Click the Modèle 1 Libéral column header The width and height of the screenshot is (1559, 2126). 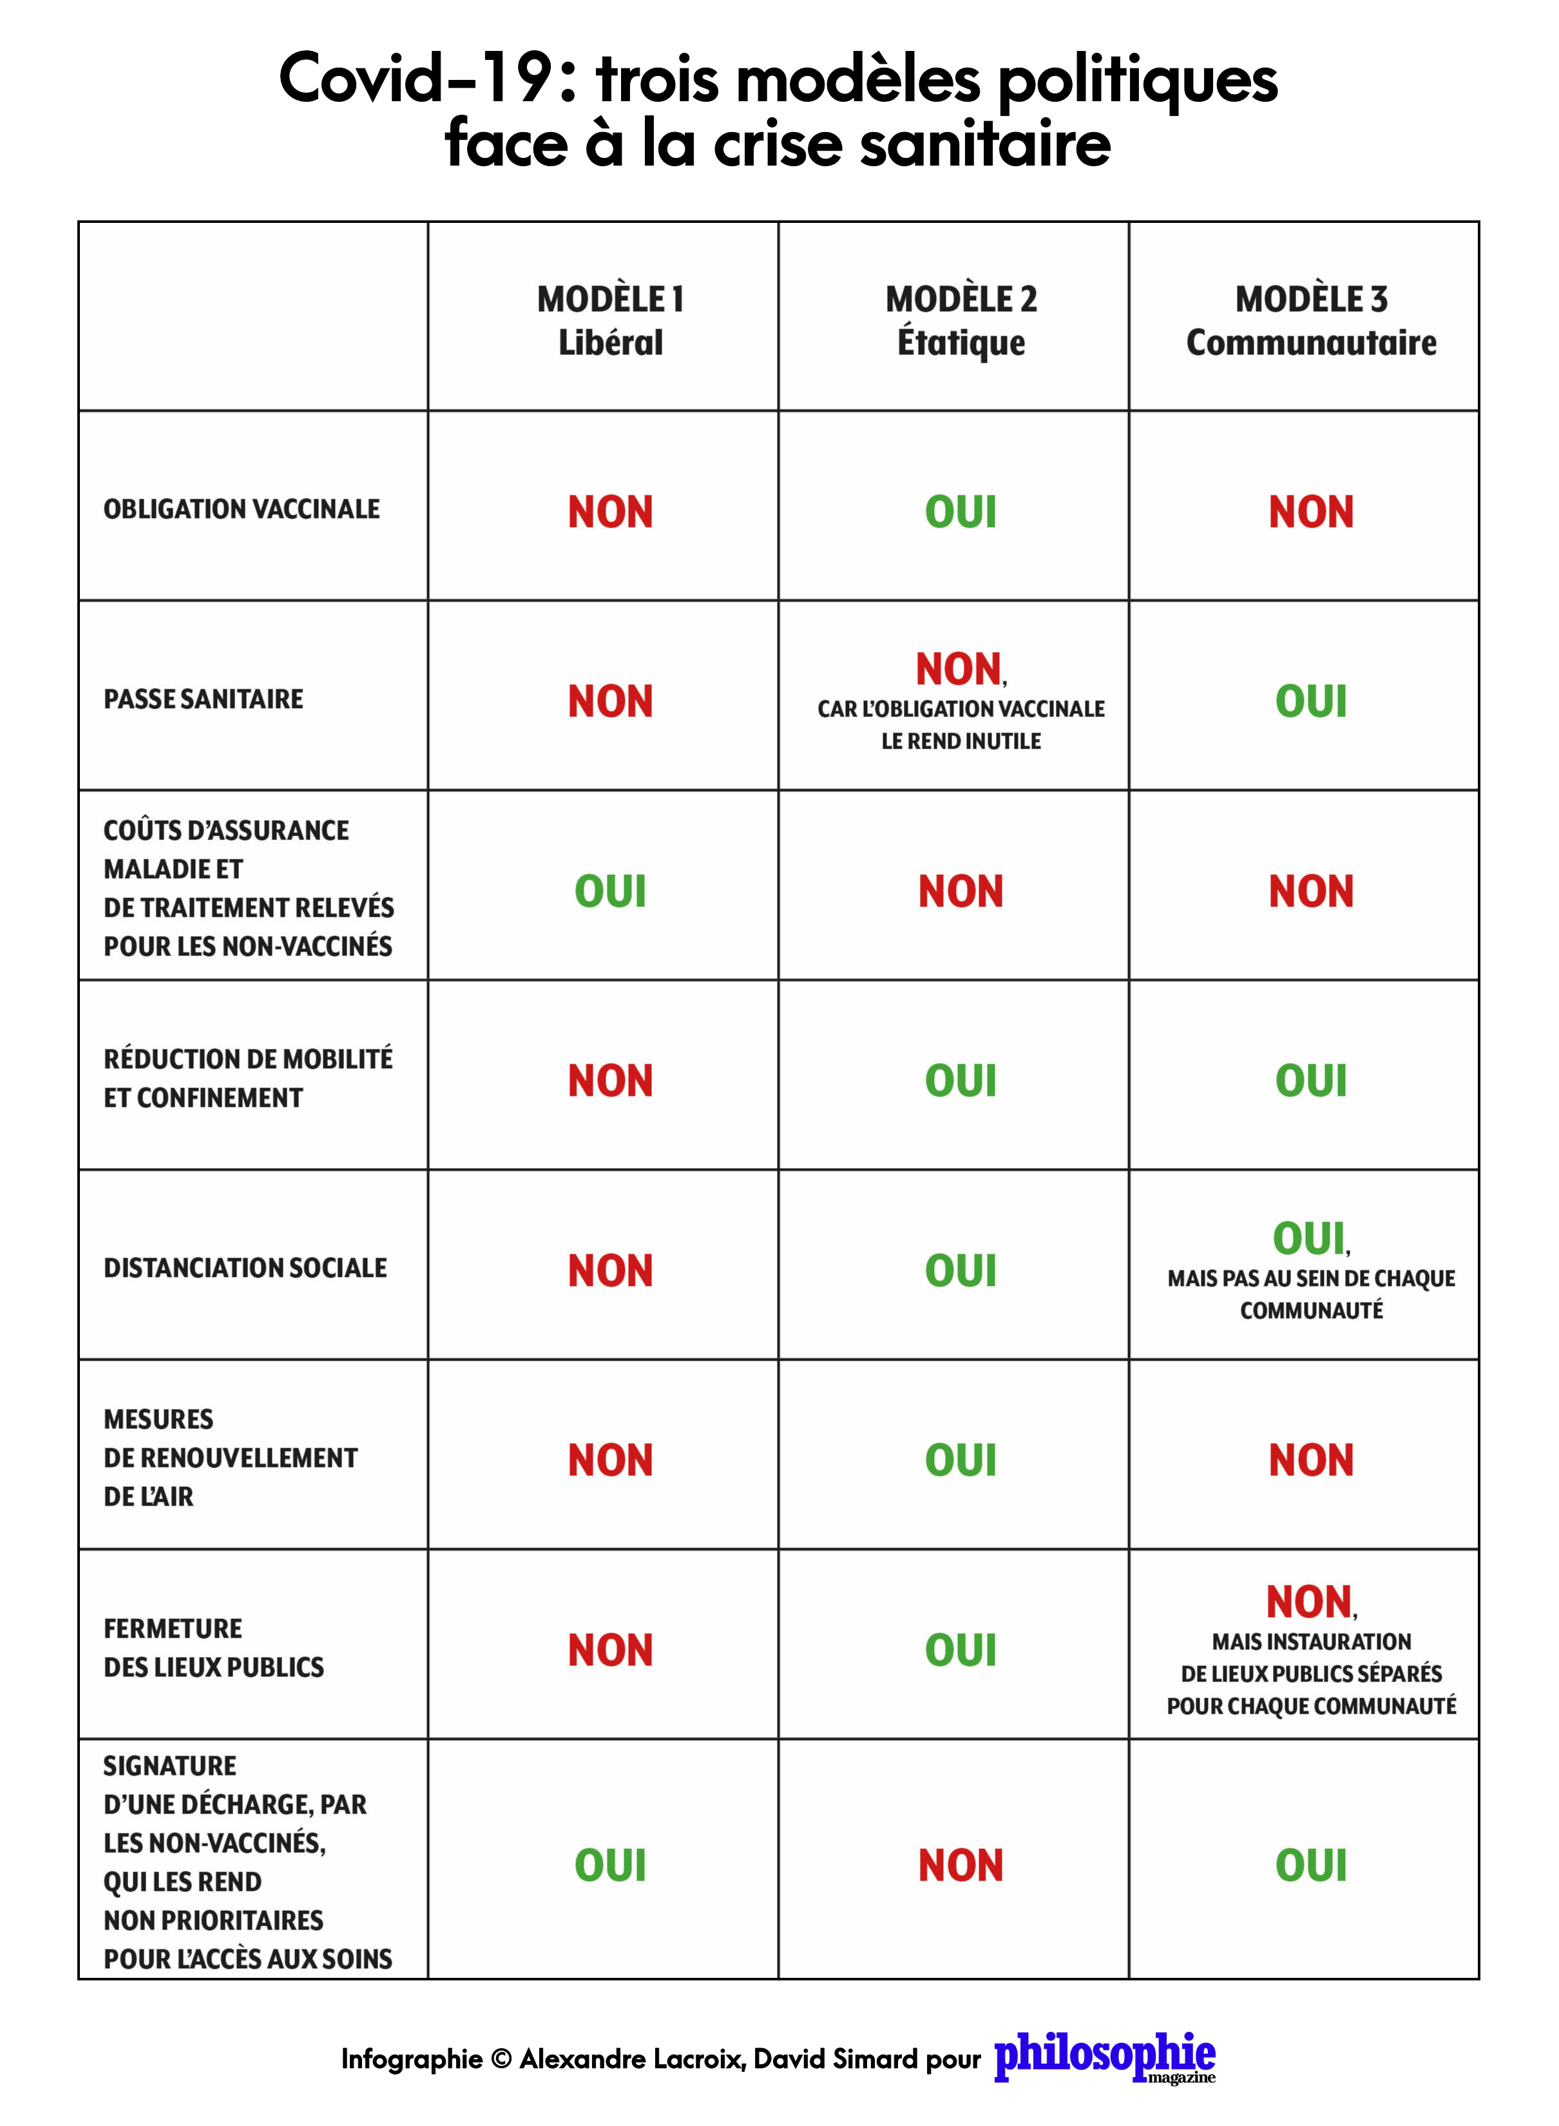pos(611,320)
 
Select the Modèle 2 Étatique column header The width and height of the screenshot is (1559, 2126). pos(961,320)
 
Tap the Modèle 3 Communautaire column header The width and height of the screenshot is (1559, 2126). pos(1311,320)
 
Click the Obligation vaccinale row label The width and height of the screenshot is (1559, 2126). pos(242,510)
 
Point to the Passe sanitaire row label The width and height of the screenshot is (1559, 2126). pos(204,699)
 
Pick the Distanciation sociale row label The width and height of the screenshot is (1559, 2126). pos(245,1267)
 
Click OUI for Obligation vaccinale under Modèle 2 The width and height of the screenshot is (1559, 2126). pos(961,512)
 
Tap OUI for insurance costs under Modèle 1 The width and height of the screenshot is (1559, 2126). pos(611,892)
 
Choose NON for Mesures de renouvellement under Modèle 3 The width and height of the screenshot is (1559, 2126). pos(1311,1460)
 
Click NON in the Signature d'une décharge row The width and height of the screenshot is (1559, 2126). pos(961,1866)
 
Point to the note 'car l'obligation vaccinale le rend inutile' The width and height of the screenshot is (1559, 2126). pos(961,725)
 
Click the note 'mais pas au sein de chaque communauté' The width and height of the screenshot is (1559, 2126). pos(1311,1294)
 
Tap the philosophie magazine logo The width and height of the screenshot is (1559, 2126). pos(1104,2057)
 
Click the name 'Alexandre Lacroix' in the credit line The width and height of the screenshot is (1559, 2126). pos(632,2058)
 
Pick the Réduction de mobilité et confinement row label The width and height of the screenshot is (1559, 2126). pos(247,1078)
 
